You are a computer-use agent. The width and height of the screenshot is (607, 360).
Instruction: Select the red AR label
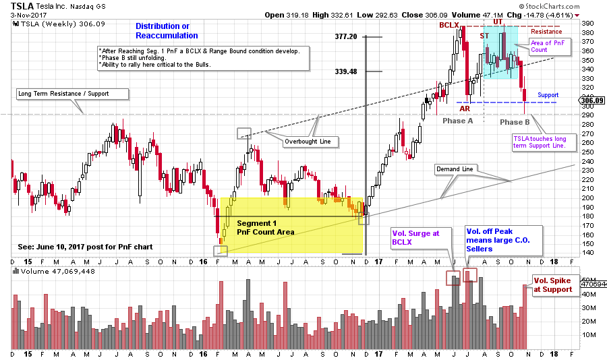(465, 108)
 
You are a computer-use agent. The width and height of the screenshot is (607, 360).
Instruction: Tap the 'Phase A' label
(458, 121)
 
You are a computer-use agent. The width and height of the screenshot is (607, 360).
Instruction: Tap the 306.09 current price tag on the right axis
(591, 100)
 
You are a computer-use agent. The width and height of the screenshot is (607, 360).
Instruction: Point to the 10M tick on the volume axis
(587, 334)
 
